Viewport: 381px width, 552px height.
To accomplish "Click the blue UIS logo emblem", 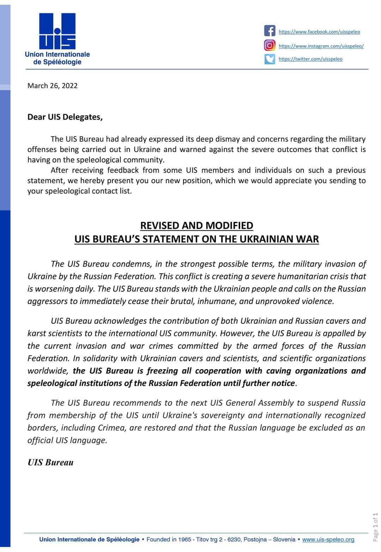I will [x=57, y=31].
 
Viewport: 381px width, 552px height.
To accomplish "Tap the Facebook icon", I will [x=270, y=31].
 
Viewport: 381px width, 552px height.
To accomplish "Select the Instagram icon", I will [x=270, y=45].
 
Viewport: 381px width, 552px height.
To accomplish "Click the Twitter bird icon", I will [x=270, y=58].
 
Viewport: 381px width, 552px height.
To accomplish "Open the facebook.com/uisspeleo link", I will [x=319, y=32].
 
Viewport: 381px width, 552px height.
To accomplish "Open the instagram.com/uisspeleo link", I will [x=321, y=46].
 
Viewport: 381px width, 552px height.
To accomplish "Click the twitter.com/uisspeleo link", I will [x=310, y=59].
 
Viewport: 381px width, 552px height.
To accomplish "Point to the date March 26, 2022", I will [x=53, y=86].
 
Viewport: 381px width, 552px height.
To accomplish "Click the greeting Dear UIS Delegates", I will [x=65, y=117].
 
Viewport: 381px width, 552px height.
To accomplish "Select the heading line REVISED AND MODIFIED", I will [x=196, y=225].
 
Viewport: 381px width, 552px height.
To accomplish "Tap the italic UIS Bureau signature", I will [x=50, y=462].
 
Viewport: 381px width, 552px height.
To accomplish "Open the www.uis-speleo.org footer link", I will [x=328, y=539].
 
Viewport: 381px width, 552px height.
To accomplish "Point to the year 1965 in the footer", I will [x=185, y=539].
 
